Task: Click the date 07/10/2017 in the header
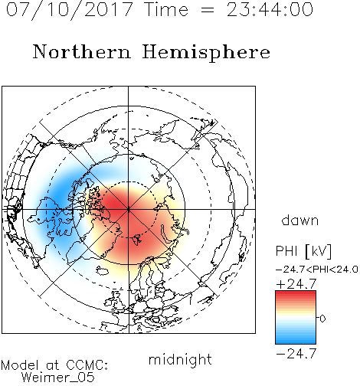[69, 10]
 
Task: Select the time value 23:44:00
[270, 10]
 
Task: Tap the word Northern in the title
[82, 51]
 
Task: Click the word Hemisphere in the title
[206, 53]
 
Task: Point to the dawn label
[300, 221]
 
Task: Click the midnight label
[180, 361]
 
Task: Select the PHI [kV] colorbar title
[303, 251]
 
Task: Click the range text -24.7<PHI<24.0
[317, 270]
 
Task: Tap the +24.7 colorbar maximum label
[296, 284]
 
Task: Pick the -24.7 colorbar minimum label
[296, 354]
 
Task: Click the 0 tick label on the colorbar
[322, 319]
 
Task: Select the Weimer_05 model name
[58, 378]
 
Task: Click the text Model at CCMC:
[54, 365]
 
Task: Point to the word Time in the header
[166, 10]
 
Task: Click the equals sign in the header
[208, 11]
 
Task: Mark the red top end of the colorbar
[296, 293]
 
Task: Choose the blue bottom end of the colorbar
[296, 342]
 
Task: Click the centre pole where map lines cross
[129, 210]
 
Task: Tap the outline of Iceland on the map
[102, 271]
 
